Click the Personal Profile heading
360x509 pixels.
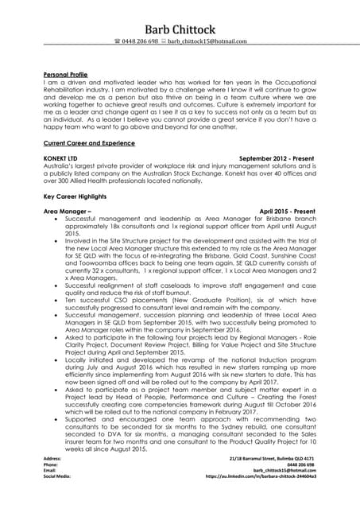pos(65,74)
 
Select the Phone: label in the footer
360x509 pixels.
pos(51,488)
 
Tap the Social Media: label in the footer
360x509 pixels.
pos(58,499)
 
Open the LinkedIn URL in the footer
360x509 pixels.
pos(261,499)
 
